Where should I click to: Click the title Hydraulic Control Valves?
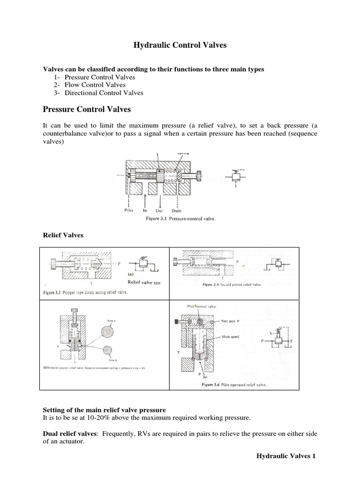click(180, 45)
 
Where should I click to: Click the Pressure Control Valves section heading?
click(87, 110)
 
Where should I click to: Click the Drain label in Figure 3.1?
click(177, 210)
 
